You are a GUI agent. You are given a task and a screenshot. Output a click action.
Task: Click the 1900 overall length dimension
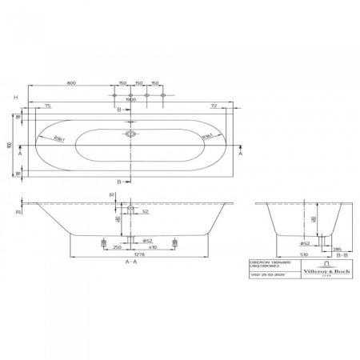[133, 101]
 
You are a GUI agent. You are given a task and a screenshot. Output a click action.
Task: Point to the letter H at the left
[6, 97]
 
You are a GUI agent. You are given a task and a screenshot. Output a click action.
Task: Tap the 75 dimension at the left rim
[47, 106]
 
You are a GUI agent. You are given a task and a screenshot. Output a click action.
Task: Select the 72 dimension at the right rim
[214, 106]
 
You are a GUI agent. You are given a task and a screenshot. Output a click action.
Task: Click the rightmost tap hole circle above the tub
[163, 96]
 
